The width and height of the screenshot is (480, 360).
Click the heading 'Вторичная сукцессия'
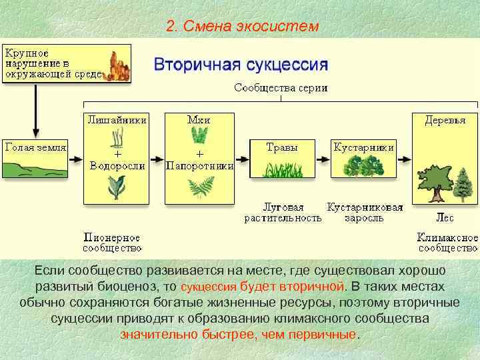click(x=241, y=65)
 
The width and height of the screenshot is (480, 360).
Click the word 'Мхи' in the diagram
click(x=199, y=120)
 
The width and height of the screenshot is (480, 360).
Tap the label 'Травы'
click(x=281, y=147)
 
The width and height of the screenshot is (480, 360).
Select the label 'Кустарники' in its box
click(x=364, y=147)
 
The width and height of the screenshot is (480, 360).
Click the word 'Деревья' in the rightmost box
click(x=446, y=120)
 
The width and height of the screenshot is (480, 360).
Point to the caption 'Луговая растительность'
click(x=282, y=212)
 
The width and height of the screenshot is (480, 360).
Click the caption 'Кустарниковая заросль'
click(x=365, y=212)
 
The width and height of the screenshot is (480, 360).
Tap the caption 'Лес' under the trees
click(x=445, y=217)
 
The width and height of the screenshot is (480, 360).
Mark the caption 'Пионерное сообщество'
click(x=112, y=242)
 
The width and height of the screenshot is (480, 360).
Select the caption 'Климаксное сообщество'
click(x=447, y=242)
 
